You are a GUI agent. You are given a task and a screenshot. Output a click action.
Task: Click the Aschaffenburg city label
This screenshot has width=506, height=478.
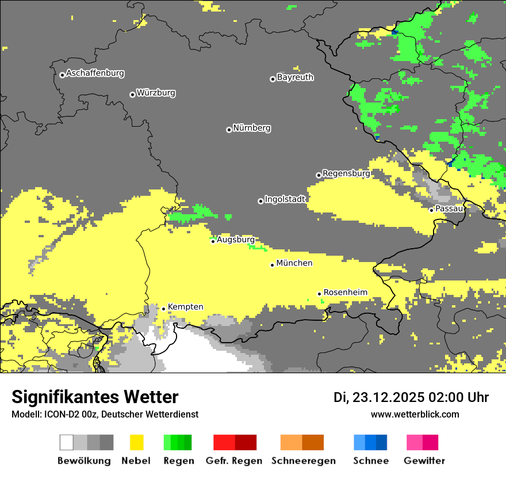coord(95,73)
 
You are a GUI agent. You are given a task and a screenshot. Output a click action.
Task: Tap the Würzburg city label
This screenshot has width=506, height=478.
coord(156,93)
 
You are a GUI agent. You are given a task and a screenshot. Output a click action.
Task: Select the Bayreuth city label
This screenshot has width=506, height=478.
coord(295,77)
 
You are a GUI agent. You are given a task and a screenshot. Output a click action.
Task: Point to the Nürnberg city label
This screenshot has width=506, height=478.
coord(252,128)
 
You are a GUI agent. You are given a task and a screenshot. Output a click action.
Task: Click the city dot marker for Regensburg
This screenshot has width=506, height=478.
coord(319,175)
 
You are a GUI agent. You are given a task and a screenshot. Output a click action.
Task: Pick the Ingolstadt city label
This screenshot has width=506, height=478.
coord(285,199)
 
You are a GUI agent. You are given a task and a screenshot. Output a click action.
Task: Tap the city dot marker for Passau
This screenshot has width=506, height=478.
coord(431,210)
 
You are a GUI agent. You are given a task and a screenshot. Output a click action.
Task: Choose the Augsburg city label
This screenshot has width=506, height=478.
coord(236,239)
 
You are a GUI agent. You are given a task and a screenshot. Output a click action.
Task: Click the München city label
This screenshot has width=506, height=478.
coord(294,263)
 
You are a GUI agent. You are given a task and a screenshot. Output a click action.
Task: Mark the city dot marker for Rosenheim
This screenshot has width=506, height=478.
coord(319,294)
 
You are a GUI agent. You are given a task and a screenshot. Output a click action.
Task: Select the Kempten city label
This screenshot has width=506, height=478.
coord(186,307)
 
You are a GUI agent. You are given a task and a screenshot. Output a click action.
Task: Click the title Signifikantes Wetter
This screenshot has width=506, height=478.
coord(95,397)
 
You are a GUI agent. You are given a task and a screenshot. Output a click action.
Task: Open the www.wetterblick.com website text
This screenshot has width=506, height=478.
coord(415,414)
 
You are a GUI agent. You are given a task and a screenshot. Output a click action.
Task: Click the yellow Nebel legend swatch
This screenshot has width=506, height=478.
coord(137,442)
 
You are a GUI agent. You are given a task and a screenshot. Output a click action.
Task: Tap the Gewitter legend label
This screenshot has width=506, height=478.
coord(424,461)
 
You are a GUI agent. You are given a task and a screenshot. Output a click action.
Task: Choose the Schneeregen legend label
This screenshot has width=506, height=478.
coord(304,461)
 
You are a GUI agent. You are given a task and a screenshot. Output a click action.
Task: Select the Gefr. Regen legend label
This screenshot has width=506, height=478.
coord(234,461)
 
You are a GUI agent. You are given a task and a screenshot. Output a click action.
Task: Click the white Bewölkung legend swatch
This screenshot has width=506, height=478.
coord(67,442)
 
